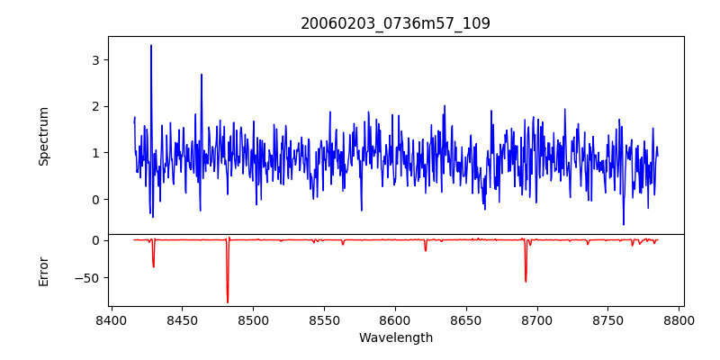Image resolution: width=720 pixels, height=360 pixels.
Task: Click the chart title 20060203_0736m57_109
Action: (x=395, y=23)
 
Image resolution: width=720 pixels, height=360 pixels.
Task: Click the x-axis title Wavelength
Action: (x=395, y=338)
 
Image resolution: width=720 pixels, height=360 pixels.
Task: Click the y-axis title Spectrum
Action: (x=44, y=136)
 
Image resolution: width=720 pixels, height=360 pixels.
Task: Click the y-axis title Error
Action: (x=44, y=271)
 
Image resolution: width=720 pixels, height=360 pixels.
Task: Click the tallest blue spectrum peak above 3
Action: (x=151, y=46)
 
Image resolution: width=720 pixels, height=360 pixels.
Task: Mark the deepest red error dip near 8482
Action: (x=228, y=301)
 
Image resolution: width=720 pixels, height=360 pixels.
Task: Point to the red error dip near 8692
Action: (x=526, y=281)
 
